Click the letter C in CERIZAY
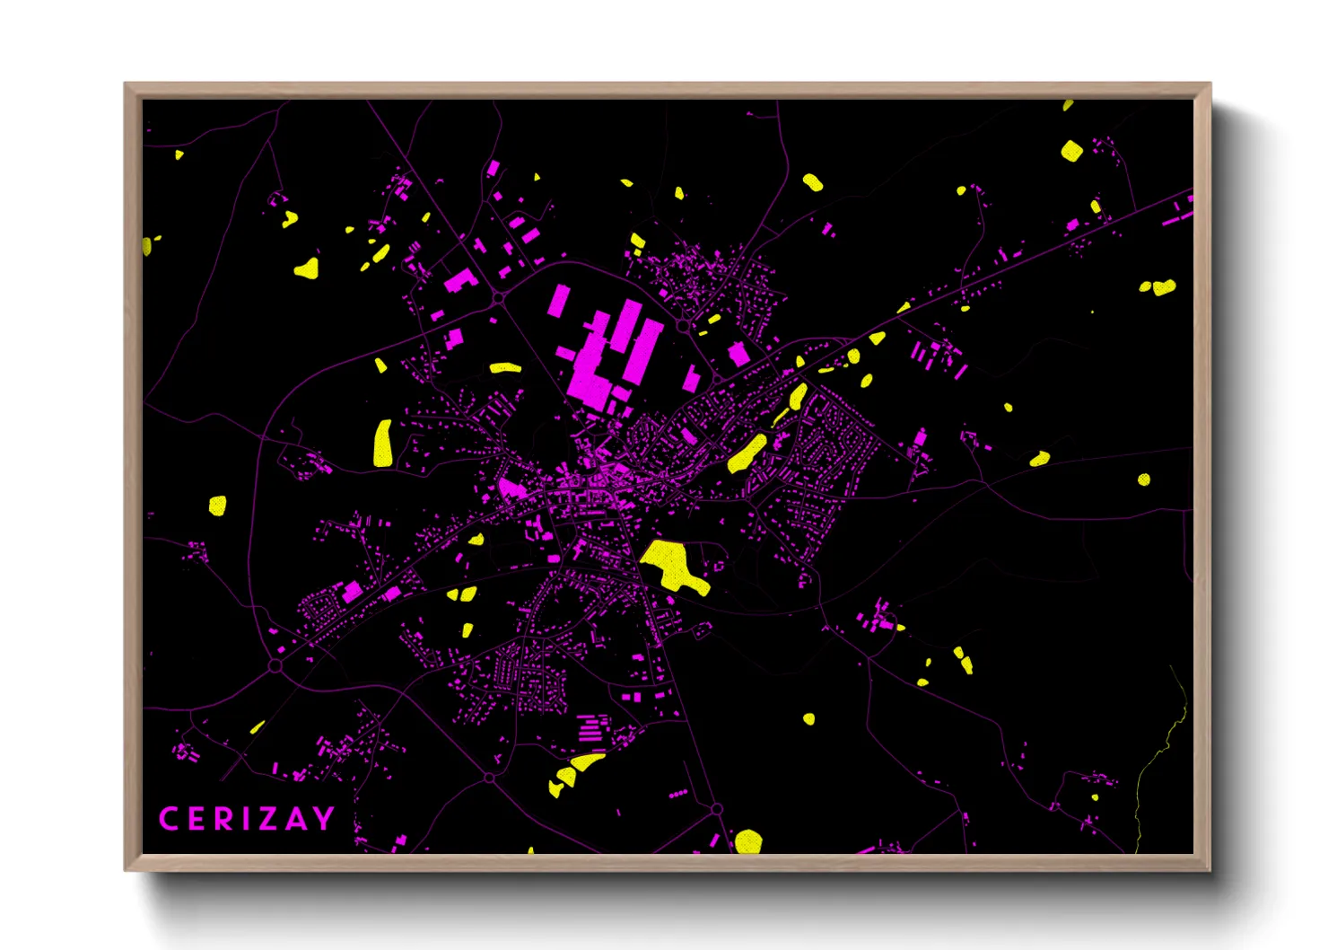168,819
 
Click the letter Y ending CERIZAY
323,819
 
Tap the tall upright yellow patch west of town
383,443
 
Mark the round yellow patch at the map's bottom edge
748,841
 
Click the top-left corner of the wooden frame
126,84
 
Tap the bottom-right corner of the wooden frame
1210,869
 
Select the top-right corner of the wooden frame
1210,84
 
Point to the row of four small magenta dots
678,795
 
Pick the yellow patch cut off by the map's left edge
146,245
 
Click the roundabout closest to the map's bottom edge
716,809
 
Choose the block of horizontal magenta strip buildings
590,727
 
